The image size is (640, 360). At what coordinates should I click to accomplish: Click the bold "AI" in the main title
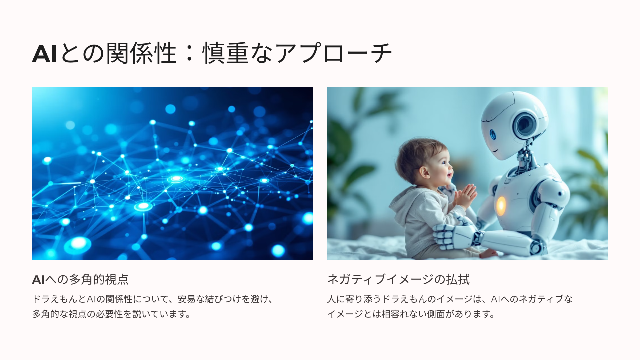pyautogui.click(x=44, y=54)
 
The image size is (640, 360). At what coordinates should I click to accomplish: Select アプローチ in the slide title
pyautogui.click(x=333, y=53)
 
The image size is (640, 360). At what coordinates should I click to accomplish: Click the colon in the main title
pyautogui.click(x=190, y=53)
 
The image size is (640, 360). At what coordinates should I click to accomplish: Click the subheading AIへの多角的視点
pyautogui.click(x=80, y=279)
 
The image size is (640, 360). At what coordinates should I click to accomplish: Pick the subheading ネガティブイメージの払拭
pyautogui.click(x=398, y=279)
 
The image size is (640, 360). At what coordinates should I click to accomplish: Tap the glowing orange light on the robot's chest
pyautogui.click(x=501, y=206)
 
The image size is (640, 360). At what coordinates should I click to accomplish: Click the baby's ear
pyautogui.click(x=425, y=172)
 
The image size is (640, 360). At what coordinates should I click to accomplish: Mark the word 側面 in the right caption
pyautogui.click(x=436, y=314)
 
